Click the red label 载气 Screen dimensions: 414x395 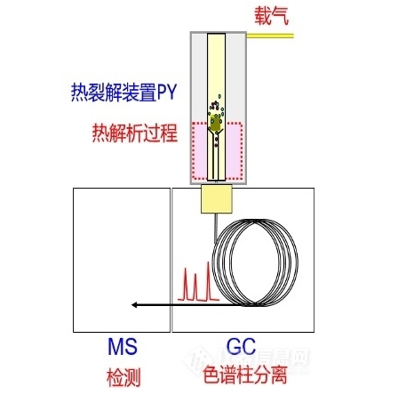[271, 16]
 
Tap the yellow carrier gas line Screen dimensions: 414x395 [270, 36]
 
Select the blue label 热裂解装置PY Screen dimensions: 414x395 [123, 93]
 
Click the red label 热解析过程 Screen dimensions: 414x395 [135, 133]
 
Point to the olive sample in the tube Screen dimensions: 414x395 [216, 124]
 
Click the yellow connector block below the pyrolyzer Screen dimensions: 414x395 [217, 198]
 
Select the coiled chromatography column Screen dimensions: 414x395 [255, 262]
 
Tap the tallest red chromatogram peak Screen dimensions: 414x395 [209, 281]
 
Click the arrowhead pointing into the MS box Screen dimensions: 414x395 [134, 304]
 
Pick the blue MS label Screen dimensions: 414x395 [123, 346]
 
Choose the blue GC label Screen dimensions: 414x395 [241, 346]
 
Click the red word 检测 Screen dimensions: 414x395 [123, 377]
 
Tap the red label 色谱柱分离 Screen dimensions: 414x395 [245, 375]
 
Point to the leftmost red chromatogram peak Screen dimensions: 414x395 [186, 284]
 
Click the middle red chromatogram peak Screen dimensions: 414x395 [195, 286]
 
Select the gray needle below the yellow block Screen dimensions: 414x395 [216, 228]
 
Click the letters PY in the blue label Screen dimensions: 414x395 [167, 93]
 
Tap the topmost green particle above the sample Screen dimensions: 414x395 [219, 96]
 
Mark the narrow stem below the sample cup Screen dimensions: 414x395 [216, 157]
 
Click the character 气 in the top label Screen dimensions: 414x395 [280, 16]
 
